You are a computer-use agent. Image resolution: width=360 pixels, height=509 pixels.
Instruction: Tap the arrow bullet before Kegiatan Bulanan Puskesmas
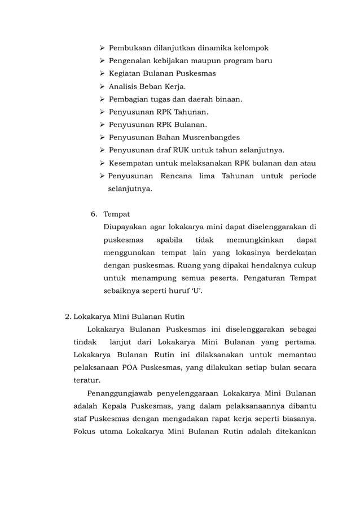(102, 73)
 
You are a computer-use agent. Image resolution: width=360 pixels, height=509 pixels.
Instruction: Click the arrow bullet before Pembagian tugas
(102, 99)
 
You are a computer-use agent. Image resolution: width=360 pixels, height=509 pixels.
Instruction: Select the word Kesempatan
(132, 163)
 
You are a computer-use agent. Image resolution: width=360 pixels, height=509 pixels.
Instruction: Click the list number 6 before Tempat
(94, 214)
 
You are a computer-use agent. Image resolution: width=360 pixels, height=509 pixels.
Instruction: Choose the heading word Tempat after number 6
(116, 214)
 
